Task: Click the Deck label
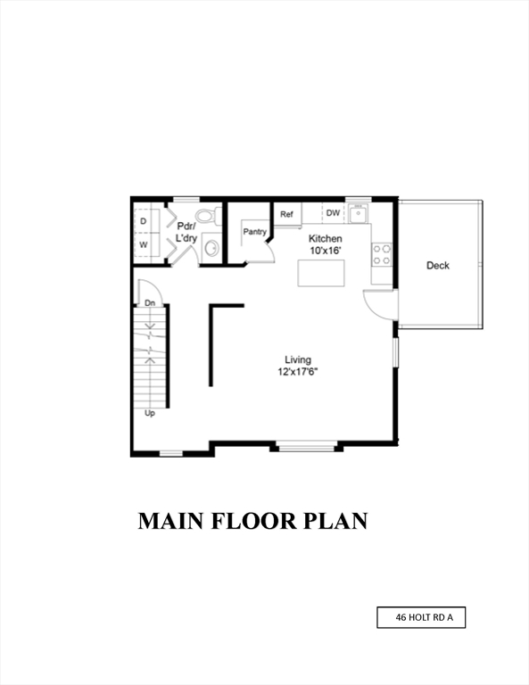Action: coord(437,266)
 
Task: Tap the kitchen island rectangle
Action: coord(322,274)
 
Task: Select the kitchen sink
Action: coord(358,214)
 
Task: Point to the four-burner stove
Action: coord(382,254)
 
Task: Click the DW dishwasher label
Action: coord(333,213)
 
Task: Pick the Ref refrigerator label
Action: coord(287,214)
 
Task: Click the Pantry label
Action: coord(255,232)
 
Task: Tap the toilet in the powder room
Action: coord(207,216)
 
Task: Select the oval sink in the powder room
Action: coord(211,248)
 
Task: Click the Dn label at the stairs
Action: coord(151,304)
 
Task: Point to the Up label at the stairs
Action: coord(150,413)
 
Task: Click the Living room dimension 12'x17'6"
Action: coord(298,372)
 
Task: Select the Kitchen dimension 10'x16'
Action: coord(325,252)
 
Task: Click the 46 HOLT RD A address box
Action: coord(421,617)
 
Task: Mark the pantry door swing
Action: coord(258,253)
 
